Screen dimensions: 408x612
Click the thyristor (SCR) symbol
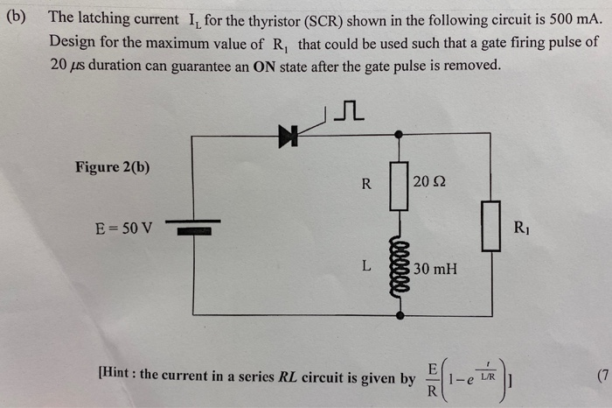pyautogui.click(x=288, y=134)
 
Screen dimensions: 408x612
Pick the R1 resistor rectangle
pyautogui.click(x=491, y=226)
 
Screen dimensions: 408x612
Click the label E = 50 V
pyautogui.click(x=123, y=229)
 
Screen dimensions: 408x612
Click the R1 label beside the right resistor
pyautogui.click(x=522, y=232)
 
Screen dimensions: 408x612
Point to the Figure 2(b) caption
pyautogui.click(x=112, y=167)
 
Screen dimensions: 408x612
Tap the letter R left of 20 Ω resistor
pyautogui.click(x=366, y=184)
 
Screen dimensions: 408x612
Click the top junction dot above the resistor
pyautogui.click(x=400, y=135)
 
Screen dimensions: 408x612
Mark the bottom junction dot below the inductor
pyautogui.click(x=400, y=313)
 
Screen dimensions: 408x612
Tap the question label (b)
pyautogui.click(x=18, y=17)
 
